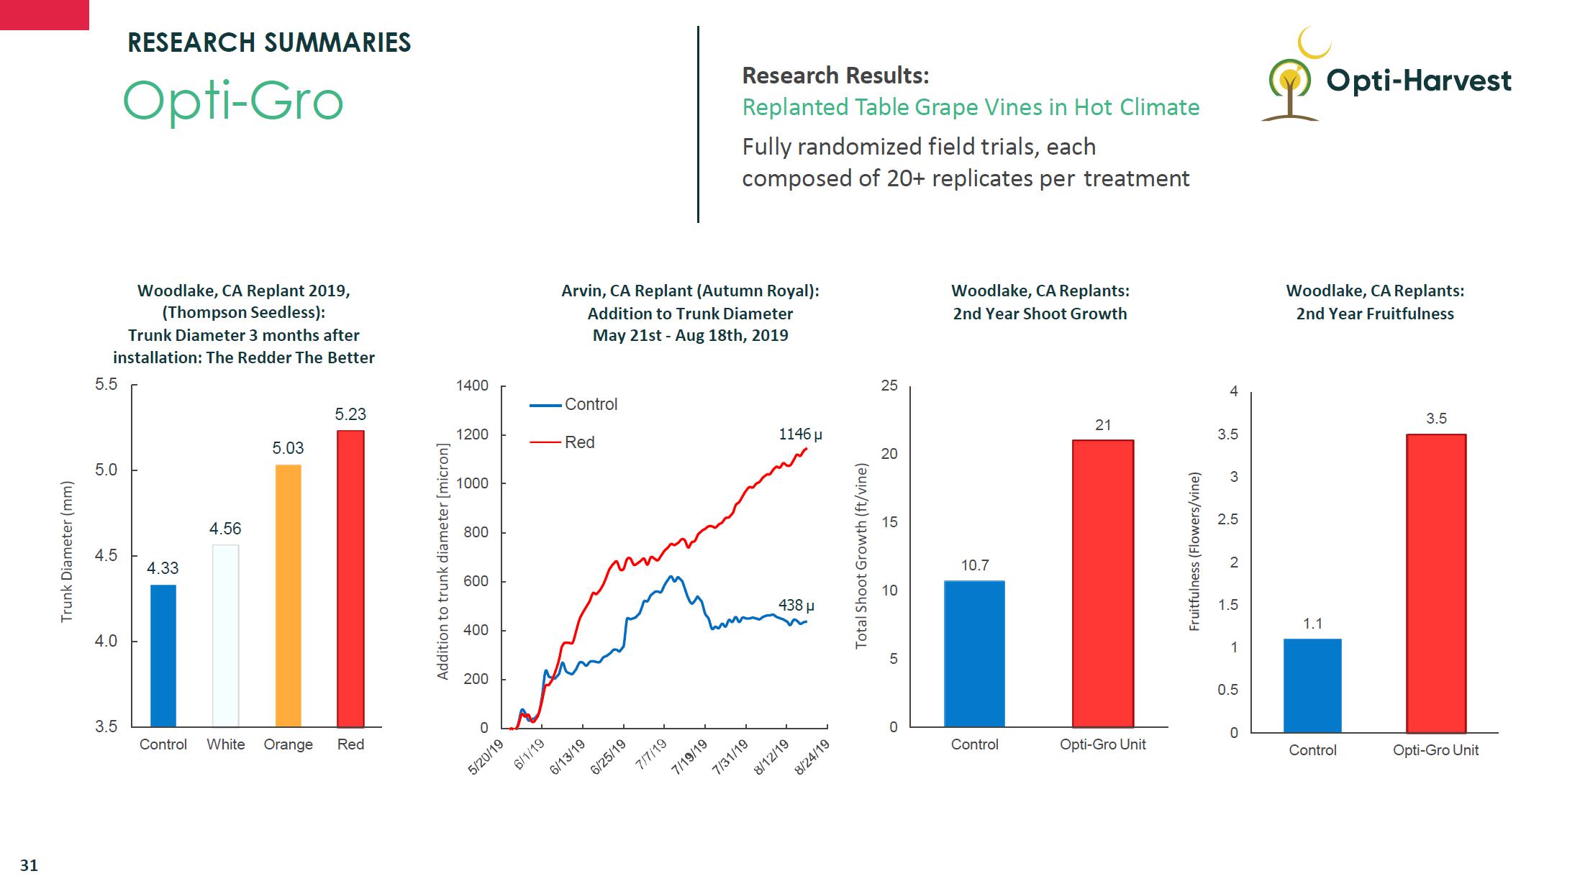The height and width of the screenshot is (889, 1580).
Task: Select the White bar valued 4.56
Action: [x=225, y=636]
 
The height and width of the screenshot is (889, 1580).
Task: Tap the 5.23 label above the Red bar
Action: [x=350, y=414]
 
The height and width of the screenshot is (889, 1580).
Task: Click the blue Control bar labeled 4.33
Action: [x=163, y=655]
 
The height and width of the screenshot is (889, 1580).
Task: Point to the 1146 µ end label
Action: [x=800, y=434]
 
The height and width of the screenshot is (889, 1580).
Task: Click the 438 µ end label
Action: [x=796, y=606]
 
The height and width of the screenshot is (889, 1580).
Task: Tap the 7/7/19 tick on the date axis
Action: [x=651, y=754]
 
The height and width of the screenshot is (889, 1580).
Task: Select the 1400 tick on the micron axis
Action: [x=472, y=386]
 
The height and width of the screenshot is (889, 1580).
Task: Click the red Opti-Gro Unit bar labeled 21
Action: [x=1102, y=583]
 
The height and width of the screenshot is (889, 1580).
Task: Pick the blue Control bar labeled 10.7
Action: [x=974, y=654]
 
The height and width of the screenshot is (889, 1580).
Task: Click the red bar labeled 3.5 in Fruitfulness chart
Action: [x=1435, y=583]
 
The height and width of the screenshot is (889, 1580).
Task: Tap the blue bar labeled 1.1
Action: [x=1312, y=685]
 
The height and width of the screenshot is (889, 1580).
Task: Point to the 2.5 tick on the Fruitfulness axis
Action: [x=1227, y=519]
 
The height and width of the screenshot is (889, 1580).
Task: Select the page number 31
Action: [x=29, y=865]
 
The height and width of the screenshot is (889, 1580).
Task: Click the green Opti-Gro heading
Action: [x=233, y=101]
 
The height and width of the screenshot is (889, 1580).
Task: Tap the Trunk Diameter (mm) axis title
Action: [x=67, y=552]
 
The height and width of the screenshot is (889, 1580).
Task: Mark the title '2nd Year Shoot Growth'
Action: [x=1040, y=314]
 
